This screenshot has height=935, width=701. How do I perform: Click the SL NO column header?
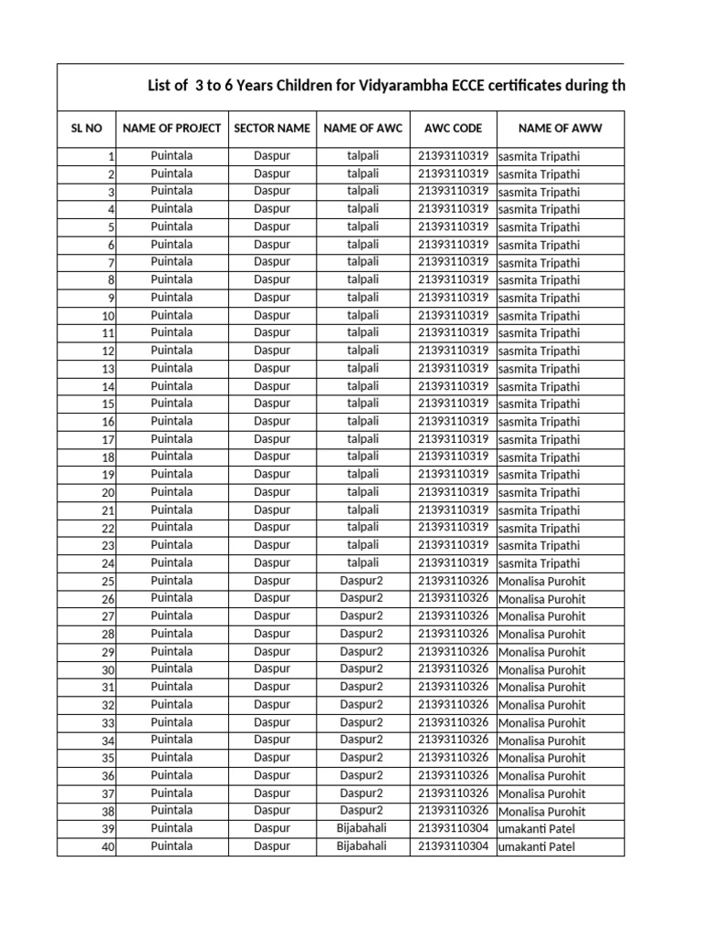86,129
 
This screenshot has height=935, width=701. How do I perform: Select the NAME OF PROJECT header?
172,129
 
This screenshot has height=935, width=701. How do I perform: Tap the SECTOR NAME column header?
272,129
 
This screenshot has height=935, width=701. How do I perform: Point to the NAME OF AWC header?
362,129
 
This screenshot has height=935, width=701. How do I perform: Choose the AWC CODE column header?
453,129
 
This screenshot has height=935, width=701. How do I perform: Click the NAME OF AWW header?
560,129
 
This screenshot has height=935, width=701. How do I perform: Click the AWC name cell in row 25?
361,581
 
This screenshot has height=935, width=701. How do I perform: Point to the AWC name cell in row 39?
361,829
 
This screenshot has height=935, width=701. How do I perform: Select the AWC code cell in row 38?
453,811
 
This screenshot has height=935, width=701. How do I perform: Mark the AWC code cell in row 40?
453,846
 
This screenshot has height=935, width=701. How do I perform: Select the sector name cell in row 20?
272,492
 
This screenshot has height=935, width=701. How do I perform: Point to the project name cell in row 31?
172,687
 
